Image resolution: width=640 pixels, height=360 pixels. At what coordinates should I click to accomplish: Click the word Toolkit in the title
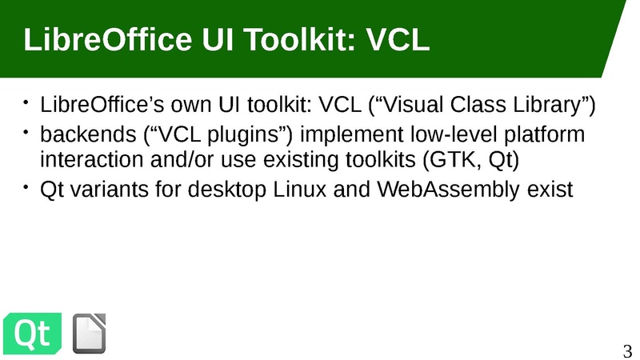point(299,39)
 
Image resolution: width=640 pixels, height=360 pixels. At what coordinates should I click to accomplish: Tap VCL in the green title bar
point(398,39)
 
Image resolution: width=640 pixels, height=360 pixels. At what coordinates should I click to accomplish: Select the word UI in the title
point(218,39)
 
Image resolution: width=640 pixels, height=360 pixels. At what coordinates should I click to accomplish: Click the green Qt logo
point(32,333)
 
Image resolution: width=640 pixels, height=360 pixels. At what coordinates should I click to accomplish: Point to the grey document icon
point(89,333)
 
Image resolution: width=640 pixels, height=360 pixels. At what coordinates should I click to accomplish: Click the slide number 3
point(627,351)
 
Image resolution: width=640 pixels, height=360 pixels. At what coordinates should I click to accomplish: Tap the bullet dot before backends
point(26,132)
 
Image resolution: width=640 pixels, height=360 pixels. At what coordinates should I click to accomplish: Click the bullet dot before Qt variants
point(26,187)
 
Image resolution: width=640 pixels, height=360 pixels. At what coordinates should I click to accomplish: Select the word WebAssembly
point(448,190)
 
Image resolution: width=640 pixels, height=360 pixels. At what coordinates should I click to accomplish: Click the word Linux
point(299,190)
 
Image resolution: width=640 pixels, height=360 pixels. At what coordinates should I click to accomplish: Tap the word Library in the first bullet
point(546,106)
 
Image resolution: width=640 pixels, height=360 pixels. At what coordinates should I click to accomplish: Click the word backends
point(88,134)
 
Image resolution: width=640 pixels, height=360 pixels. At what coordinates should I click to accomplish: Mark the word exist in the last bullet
point(550,190)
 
